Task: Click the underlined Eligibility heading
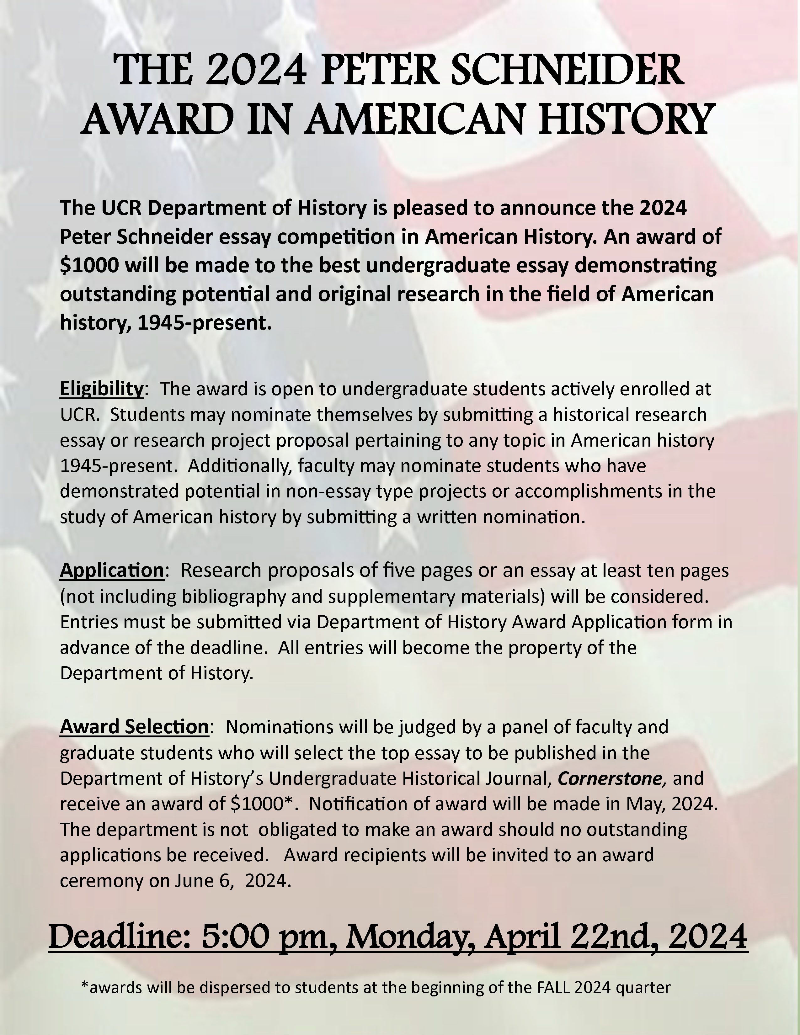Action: (101, 389)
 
